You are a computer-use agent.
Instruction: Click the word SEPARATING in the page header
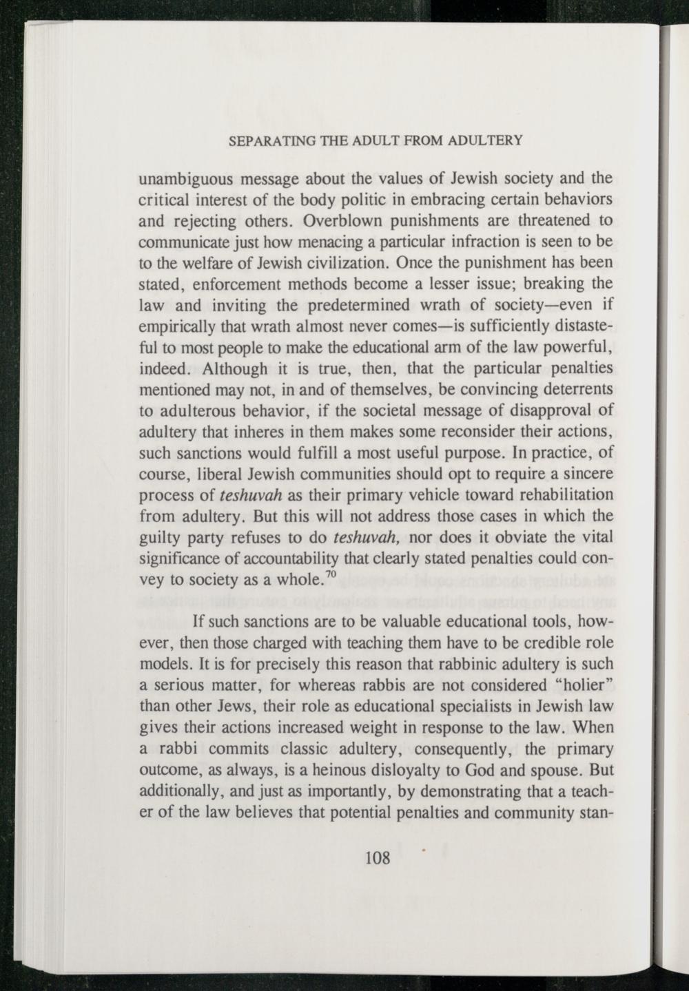pyautogui.click(x=263, y=140)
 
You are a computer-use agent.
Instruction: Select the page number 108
pyautogui.click(x=378, y=858)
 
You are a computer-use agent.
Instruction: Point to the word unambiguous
pyautogui.click(x=180, y=180)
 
